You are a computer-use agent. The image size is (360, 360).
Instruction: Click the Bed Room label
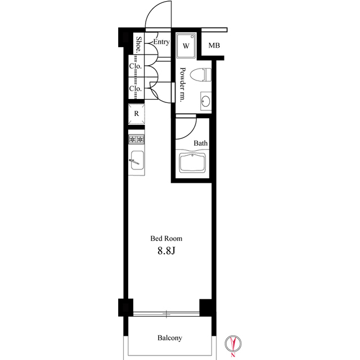coord(166,238)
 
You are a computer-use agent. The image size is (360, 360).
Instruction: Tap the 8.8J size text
coord(166,251)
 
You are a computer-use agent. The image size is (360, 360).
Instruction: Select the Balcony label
coord(170,338)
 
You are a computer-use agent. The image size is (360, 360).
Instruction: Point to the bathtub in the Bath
coord(192,163)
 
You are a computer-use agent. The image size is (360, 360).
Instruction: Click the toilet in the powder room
coord(201,74)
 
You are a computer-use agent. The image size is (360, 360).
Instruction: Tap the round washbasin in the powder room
coord(205,101)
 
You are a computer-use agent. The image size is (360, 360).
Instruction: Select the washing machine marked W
coord(186,46)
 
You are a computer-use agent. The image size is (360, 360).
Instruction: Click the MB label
coord(214,46)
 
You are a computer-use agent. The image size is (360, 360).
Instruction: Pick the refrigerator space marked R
coord(136,114)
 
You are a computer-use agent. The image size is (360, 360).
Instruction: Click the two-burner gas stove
coord(136,139)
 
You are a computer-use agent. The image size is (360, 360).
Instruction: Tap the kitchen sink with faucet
coord(137,160)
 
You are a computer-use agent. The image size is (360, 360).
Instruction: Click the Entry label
coord(161,42)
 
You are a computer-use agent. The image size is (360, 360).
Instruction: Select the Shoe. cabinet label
coord(138,44)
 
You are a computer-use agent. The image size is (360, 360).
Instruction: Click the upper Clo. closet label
coord(135,66)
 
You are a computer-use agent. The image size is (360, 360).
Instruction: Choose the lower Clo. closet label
coord(135,88)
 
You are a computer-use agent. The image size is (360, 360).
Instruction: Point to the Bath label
coord(200,143)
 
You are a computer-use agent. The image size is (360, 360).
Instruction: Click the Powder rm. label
coord(182,85)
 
